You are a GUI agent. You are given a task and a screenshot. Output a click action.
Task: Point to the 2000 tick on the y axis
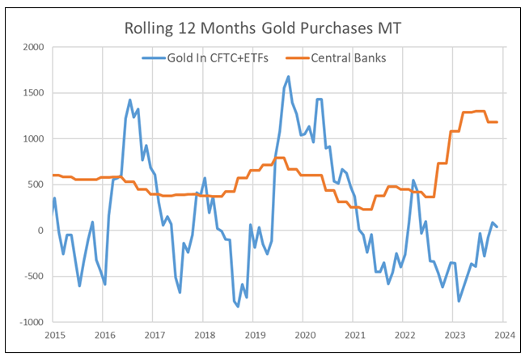(33, 47)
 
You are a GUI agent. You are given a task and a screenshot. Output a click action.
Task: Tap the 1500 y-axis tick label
(33, 93)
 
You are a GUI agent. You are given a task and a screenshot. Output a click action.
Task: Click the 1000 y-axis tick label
(33, 139)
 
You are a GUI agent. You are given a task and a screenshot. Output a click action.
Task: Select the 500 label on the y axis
(36, 184)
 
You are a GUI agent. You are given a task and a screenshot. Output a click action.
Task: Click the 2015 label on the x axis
(54, 334)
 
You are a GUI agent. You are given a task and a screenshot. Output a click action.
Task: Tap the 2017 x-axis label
(155, 334)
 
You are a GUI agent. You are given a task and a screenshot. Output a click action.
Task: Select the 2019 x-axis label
(254, 334)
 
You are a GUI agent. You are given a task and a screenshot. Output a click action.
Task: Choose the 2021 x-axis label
(354, 334)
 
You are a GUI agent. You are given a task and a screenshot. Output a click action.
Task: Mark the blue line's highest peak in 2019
(289, 77)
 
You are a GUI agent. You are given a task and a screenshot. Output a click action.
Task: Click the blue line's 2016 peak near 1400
(130, 100)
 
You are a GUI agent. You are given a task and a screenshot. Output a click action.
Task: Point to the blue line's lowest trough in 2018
(238, 307)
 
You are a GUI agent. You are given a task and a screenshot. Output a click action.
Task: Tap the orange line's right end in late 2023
(497, 122)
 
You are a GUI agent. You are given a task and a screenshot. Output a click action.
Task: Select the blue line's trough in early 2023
(459, 301)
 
